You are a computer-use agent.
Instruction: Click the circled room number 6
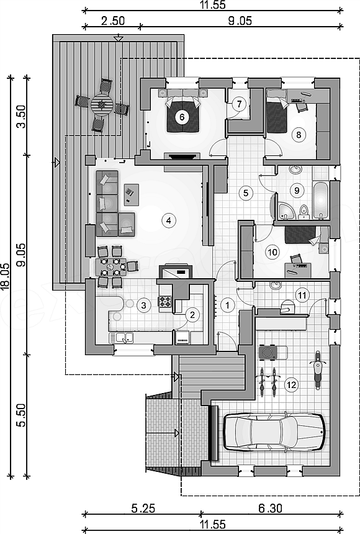pos(182,117)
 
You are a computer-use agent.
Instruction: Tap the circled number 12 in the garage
pos(292,385)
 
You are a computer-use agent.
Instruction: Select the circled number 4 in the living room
pos(169,220)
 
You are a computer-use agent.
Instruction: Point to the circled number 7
pos(239,104)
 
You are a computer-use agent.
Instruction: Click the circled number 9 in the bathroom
pos(297,190)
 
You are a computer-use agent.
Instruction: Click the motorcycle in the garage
pos(317,371)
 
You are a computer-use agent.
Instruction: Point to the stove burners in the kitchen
pos(165,302)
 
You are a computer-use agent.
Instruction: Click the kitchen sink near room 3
pos(121,338)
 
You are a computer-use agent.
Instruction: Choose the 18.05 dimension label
pos(4,276)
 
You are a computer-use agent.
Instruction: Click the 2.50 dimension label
pos(113,20)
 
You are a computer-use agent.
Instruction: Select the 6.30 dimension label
pos(270,509)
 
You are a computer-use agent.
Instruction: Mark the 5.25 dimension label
pos(143,509)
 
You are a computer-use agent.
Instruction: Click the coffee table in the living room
pos(131,195)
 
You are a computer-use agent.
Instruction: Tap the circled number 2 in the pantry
pos(192,315)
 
